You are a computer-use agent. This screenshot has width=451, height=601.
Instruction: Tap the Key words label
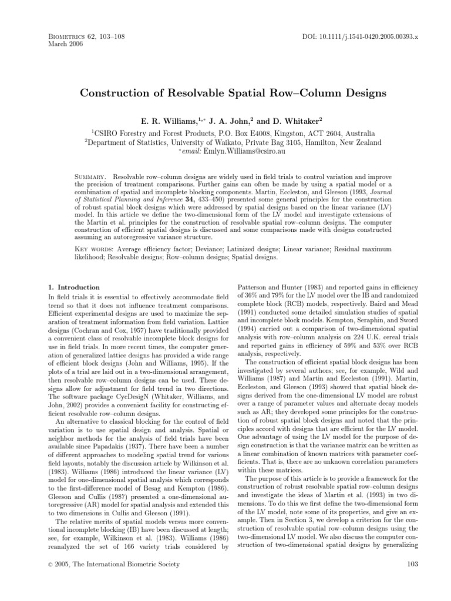point(97,249)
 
